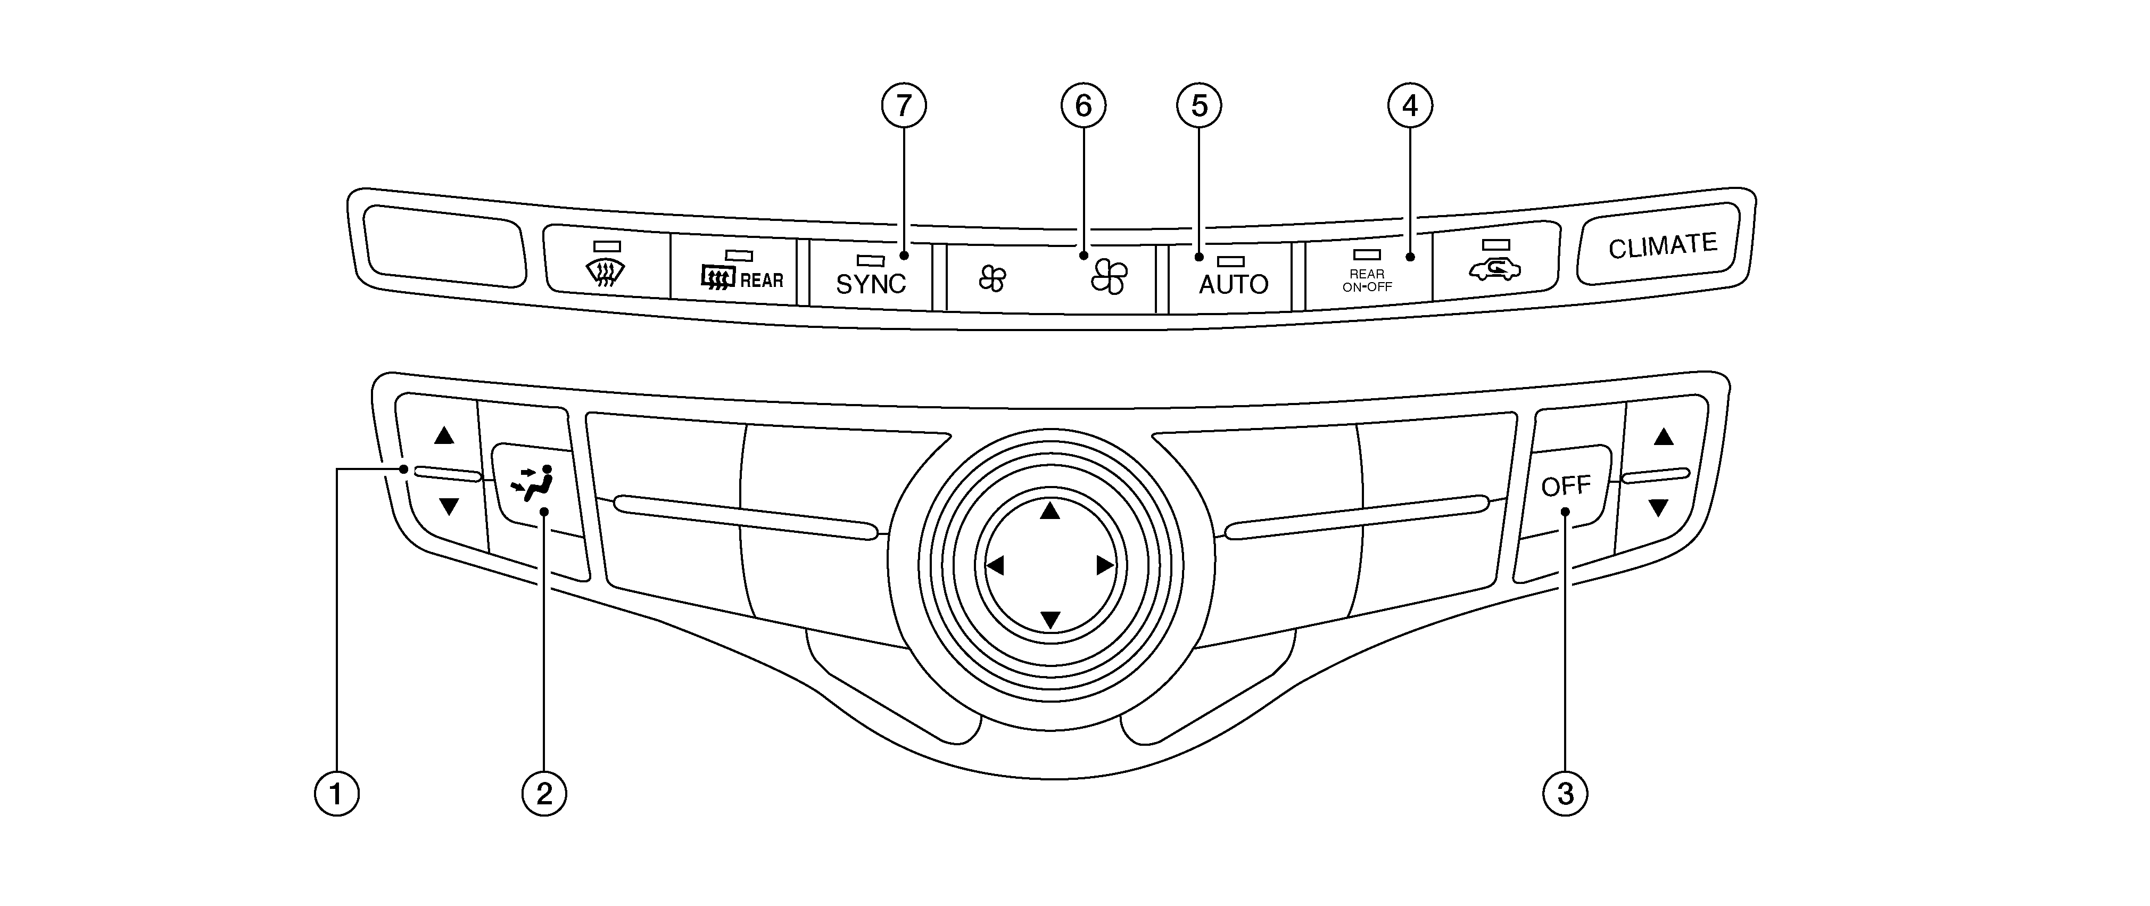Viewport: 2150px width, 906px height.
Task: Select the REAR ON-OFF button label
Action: [1367, 281]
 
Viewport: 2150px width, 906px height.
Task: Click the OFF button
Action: [1565, 486]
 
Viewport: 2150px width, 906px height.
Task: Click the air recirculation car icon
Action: [1495, 270]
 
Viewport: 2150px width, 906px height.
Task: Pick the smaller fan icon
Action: [993, 278]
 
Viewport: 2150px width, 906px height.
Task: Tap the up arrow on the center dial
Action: [1050, 510]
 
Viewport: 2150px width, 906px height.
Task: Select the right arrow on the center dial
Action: [1105, 565]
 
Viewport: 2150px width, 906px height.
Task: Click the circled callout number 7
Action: [904, 106]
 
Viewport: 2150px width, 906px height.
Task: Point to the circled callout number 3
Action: [1565, 793]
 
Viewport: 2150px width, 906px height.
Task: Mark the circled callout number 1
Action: [336, 793]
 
